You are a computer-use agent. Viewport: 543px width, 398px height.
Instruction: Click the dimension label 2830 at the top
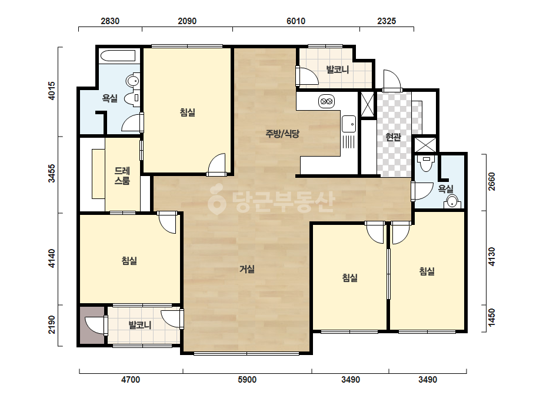110,21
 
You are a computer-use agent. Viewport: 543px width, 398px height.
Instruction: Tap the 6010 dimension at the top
296,21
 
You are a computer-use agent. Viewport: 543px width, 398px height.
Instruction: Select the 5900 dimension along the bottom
247,380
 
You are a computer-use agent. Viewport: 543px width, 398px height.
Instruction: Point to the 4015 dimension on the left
51,91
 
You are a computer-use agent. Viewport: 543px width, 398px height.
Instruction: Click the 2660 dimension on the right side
491,182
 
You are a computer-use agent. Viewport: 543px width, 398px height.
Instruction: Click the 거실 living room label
247,268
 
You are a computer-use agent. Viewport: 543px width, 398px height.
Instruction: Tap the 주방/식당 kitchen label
282,134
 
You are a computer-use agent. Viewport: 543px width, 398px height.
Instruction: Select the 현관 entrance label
393,137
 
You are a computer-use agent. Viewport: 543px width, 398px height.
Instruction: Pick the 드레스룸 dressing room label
122,175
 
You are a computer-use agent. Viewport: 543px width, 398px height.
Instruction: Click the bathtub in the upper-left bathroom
118,56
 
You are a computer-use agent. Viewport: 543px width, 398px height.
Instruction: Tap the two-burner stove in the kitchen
327,102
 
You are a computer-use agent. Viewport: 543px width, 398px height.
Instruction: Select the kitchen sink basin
349,124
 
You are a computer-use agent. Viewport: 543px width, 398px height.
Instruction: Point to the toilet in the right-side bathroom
425,163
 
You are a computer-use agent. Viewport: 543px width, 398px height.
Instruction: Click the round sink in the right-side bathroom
452,201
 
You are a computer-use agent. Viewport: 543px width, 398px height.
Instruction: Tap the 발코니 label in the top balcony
337,69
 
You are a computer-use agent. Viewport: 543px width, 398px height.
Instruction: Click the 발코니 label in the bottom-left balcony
140,325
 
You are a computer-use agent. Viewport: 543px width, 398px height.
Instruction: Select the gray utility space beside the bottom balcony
92,325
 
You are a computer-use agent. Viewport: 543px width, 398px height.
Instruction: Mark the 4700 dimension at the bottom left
131,380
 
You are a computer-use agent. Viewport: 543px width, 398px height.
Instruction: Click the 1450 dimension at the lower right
491,317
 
